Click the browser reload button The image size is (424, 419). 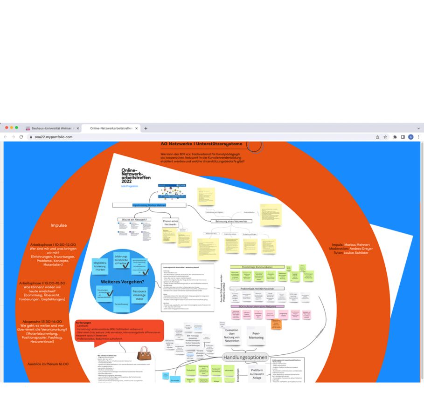click(x=21, y=137)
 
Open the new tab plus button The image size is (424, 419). click(x=146, y=128)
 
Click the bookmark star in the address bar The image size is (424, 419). click(x=385, y=137)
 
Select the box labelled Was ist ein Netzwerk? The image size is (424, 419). click(x=134, y=219)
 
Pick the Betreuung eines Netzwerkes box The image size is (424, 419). click(x=232, y=221)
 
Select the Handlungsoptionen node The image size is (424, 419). click(x=245, y=358)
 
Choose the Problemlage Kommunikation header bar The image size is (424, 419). click(x=258, y=267)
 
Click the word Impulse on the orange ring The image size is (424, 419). click(x=59, y=225)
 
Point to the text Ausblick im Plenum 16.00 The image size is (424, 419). click(x=48, y=364)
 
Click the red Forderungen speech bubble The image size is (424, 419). click(x=119, y=330)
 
